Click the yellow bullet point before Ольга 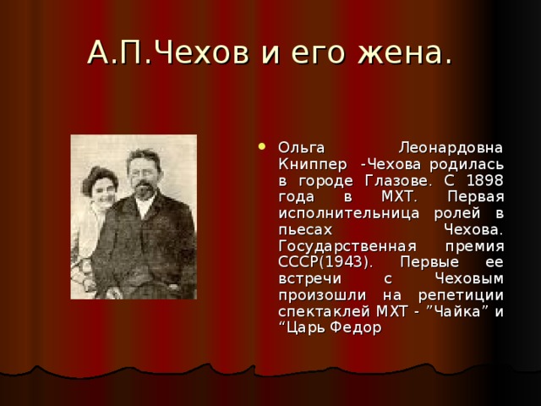click(x=268, y=145)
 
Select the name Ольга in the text click(x=303, y=146)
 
